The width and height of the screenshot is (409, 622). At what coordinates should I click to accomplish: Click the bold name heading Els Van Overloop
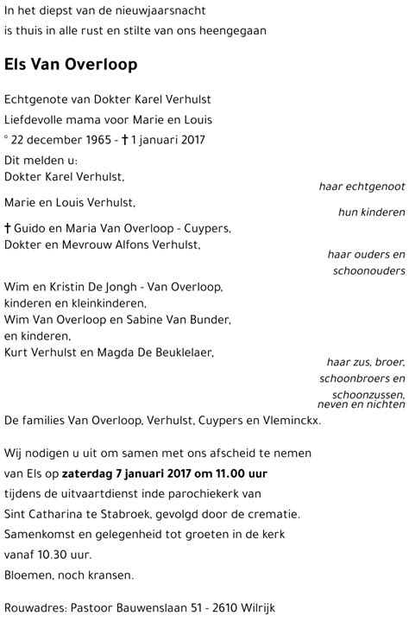point(71,66)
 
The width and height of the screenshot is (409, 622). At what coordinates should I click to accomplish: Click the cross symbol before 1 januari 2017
point(126,140)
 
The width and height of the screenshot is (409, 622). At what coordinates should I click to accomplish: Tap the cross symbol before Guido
point(9,228)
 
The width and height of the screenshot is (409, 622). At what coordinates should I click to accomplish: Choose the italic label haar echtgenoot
point(362,186)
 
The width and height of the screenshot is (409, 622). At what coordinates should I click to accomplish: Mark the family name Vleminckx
point(291,421)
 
